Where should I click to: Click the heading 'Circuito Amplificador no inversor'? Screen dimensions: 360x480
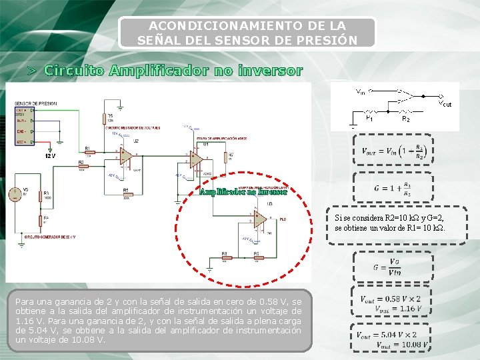(x=173, y=70)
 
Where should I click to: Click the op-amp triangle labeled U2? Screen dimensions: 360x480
(x=125, y=157)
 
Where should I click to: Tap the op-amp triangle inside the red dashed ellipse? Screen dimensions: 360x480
(x=261, y=219)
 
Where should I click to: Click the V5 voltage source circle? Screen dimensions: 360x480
(x=14, y=194)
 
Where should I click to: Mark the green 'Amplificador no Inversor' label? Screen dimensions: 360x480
(x=243, y=192)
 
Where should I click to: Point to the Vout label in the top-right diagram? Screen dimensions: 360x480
(x=445, y=103)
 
